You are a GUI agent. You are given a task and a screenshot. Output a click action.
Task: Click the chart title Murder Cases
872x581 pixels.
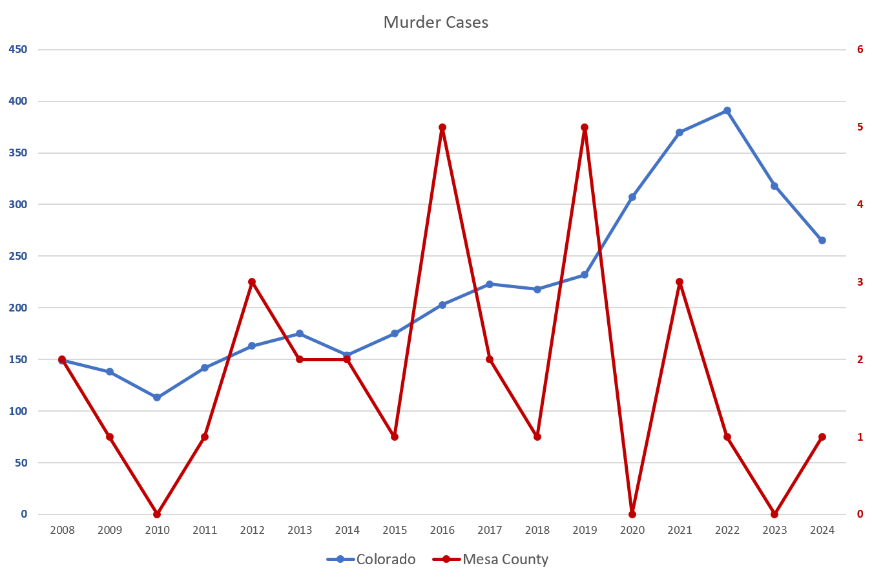[x=436, y=23]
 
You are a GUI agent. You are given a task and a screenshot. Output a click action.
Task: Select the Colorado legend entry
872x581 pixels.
[x=386, y=559]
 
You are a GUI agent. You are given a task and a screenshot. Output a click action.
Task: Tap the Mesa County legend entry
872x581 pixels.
[x=505, y=559]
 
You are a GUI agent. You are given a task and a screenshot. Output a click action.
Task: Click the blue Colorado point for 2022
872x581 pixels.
[x=727, y=111]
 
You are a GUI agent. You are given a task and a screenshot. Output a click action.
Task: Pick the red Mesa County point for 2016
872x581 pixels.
[x=442, y=127]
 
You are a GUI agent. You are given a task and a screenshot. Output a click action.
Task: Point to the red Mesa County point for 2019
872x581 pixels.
[x=585, y=127]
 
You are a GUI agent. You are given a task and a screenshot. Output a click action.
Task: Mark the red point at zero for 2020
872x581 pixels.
[x=632, y=514]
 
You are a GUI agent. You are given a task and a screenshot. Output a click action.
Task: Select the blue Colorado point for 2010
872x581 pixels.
[x=157, y=397]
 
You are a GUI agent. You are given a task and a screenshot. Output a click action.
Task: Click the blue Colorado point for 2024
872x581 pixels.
[x=822, y=240]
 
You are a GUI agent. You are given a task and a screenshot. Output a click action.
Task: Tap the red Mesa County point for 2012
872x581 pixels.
[x=252, y=282]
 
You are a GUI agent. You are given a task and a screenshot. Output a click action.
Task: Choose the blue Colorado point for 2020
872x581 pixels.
[x=632, y=197]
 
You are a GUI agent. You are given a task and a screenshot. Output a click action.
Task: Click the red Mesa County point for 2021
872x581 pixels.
[x=680, y=282]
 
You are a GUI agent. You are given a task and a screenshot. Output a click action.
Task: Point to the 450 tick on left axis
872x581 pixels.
[x=18, y=50]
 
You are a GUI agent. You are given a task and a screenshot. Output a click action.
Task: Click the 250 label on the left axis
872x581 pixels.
[x=18, y=257]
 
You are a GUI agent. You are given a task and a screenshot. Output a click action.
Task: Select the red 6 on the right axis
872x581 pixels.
[x=860, y=50]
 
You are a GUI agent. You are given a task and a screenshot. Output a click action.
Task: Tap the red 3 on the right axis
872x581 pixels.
[x=860, y=282]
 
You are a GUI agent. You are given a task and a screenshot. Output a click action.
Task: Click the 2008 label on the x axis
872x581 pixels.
[x=62, y=531]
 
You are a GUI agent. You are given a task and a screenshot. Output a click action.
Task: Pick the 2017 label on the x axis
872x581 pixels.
[x=490, y=531]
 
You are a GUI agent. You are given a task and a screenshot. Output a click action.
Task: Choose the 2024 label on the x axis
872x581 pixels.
[x=822, y=531]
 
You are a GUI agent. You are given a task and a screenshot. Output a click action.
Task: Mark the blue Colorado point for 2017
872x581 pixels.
[x=490, y=284]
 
